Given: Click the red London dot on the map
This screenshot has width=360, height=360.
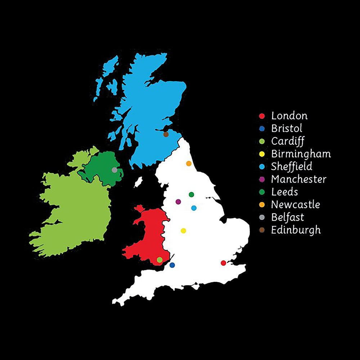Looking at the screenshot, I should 223,263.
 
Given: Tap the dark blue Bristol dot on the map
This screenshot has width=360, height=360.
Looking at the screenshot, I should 172,265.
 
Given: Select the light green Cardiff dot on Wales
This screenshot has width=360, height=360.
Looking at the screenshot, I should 159,260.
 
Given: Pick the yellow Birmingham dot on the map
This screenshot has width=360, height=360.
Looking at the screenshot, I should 183,230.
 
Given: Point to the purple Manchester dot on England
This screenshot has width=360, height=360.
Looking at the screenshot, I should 178,202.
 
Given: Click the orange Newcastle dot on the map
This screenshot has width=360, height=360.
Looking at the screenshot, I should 189,163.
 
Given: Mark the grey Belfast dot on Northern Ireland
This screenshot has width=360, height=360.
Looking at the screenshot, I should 114,170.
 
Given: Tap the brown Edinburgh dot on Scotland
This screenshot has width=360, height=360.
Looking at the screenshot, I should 166,134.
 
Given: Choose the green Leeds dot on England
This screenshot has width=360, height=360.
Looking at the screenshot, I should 192,194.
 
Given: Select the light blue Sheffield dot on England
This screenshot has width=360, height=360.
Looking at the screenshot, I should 194,208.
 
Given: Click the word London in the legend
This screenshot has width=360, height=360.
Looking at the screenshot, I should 289,116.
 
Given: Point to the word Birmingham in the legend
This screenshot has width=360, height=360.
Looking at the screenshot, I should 301,154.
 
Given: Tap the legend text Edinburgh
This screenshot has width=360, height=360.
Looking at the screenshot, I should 296,230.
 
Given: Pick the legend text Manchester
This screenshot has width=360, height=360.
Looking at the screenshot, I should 299,179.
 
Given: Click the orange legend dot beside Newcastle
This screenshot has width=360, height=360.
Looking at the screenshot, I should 262,205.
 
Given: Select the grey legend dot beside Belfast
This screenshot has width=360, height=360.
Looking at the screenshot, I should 262,217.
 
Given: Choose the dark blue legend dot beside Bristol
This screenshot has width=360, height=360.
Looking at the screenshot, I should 262,129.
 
